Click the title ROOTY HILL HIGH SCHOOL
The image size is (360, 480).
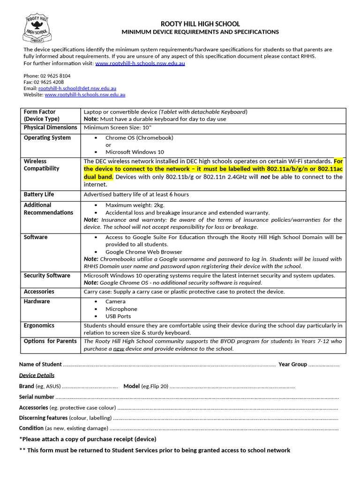point(200,24)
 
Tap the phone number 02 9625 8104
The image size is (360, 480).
point(58,75)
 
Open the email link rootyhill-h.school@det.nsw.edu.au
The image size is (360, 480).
point(77,88)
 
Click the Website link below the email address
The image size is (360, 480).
point(85,94)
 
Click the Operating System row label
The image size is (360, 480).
point(47,138)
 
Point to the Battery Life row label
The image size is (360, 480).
point(39,195)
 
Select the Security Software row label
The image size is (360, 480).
point(47,276)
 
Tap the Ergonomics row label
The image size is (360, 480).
point(39,325)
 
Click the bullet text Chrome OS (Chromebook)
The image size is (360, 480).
point(139,138)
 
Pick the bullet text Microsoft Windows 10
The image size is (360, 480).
point(135,152)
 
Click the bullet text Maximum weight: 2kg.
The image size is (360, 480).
point(135,205)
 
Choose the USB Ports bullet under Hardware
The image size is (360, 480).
point(118,316)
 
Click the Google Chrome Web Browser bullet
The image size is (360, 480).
point(144,252)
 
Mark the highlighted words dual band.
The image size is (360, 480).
point(98,177)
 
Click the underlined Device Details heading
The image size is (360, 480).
point(37,375)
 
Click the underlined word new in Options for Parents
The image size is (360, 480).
point(119,349)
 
